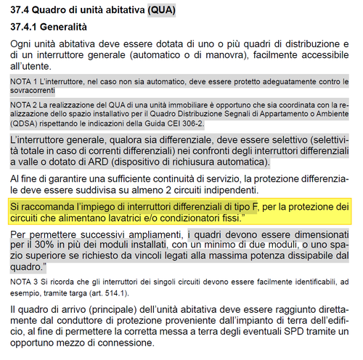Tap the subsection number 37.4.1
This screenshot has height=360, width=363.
28,27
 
